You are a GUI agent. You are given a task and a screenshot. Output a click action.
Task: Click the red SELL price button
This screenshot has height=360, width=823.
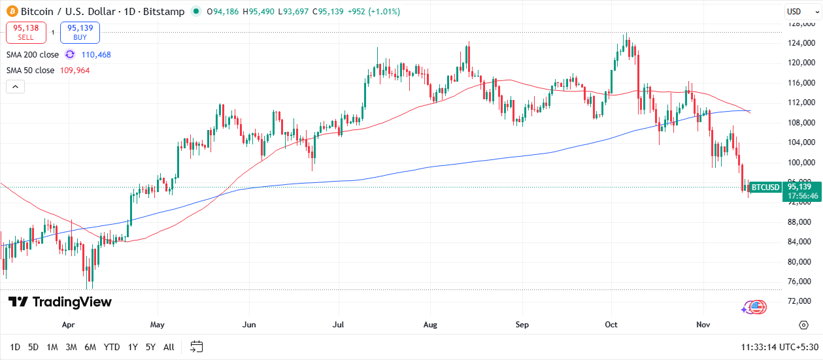(x=26, y=33)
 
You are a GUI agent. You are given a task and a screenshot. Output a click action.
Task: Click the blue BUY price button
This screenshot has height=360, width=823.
(x=80, y=33)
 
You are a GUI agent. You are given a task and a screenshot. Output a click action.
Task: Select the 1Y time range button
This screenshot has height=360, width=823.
(x=133, y=347)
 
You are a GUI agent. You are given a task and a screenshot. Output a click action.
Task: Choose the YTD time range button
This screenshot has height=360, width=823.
(x=112, y=347)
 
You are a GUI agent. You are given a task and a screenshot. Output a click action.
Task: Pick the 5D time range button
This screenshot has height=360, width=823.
(x=33, y=347)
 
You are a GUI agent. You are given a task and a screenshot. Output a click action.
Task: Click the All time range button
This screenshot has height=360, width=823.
(x=169, y=347)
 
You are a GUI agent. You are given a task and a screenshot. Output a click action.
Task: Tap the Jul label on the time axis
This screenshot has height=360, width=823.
(x=338, y=324)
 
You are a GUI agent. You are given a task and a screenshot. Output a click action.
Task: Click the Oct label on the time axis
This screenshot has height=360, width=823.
(x=611, y=324)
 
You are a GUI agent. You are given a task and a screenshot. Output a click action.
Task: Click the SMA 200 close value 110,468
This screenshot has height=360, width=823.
(x=95, y=55)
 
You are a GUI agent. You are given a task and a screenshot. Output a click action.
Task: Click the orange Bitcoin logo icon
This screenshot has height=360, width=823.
(x=11, y=12)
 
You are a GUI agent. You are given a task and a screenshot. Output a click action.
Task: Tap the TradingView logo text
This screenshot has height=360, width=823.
(x=60, y=302)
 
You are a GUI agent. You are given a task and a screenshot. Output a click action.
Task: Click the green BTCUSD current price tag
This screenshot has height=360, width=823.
(x=765, y=188)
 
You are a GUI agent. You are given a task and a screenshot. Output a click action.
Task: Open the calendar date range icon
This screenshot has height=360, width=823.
(x=197, y=347)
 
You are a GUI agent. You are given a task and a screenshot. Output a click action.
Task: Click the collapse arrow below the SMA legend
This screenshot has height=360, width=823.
(x=15, y=86)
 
